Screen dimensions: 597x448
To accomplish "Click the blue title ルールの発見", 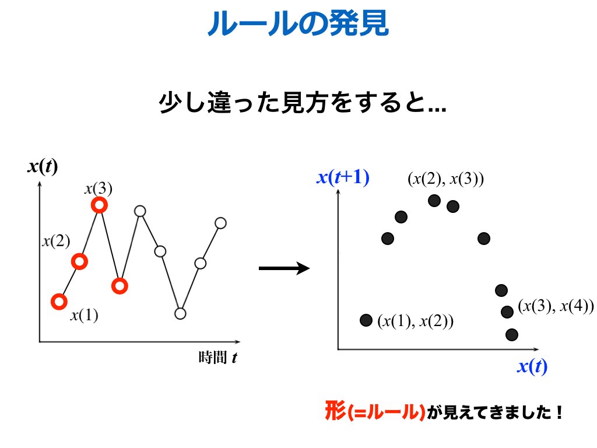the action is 298,23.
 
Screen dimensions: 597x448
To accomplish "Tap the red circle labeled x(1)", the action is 59,302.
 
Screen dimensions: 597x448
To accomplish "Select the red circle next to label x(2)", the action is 79,261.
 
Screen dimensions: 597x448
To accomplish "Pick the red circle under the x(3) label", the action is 99,205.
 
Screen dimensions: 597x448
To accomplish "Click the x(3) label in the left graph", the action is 99,188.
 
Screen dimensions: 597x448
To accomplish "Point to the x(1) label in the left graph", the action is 84,315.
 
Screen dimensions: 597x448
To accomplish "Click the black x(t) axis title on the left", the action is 43,166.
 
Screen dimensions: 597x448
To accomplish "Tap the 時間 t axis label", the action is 218,358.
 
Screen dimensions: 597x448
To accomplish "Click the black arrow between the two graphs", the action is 284,268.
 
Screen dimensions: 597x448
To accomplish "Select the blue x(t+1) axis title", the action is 343,177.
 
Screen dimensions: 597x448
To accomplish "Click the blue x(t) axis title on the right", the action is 532,366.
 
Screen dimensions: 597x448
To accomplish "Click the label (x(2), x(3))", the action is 446,178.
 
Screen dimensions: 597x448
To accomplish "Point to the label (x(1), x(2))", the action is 415,321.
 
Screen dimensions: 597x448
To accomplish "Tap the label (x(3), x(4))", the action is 556,306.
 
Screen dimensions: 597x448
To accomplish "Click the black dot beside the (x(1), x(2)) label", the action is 366,320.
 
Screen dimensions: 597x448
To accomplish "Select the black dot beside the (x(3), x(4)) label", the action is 507,312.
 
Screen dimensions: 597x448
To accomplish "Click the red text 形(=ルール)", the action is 375,411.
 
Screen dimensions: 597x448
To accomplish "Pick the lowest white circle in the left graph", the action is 180,313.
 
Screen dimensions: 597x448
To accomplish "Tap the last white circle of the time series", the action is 221,223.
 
